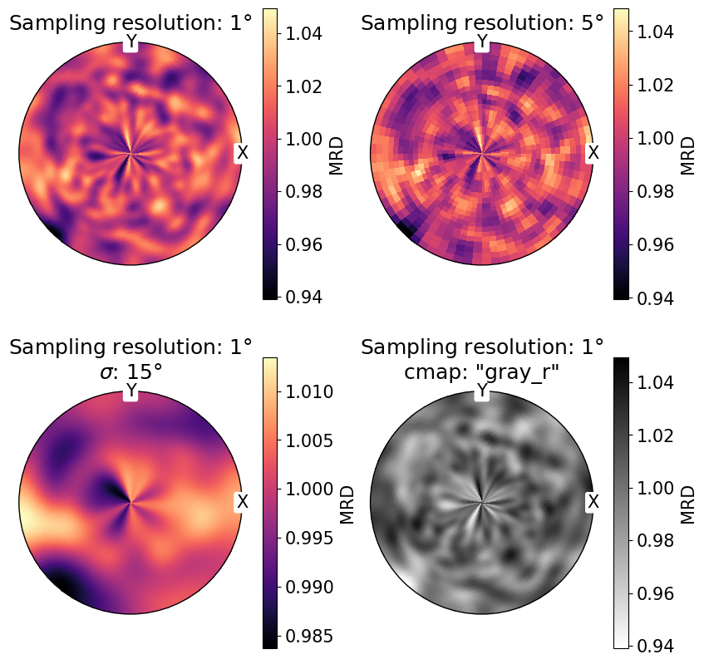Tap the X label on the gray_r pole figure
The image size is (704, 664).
[x=593, y=501]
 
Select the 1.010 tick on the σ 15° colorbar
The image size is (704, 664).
[x=313, y=391]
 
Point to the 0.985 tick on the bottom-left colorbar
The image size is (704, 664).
[x=313, y=636]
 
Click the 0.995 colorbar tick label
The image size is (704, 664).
[x=313, y=539]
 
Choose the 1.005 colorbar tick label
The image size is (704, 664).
[x=313, y=440]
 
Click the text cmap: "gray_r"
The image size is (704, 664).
[x=482, y=373]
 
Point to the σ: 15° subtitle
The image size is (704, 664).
[x=130, y=373]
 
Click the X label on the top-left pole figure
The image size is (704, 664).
[x=242, y=153]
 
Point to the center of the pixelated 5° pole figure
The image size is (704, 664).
[x=482, y=154]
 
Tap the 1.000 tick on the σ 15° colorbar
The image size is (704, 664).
[x=313, y=489]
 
